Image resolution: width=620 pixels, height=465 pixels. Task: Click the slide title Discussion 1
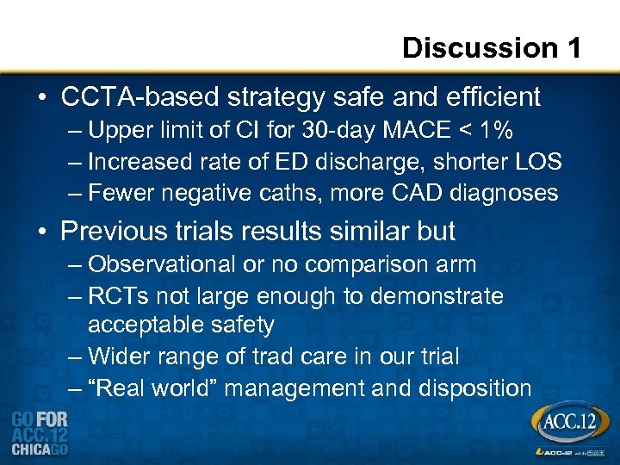coord(492,47)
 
